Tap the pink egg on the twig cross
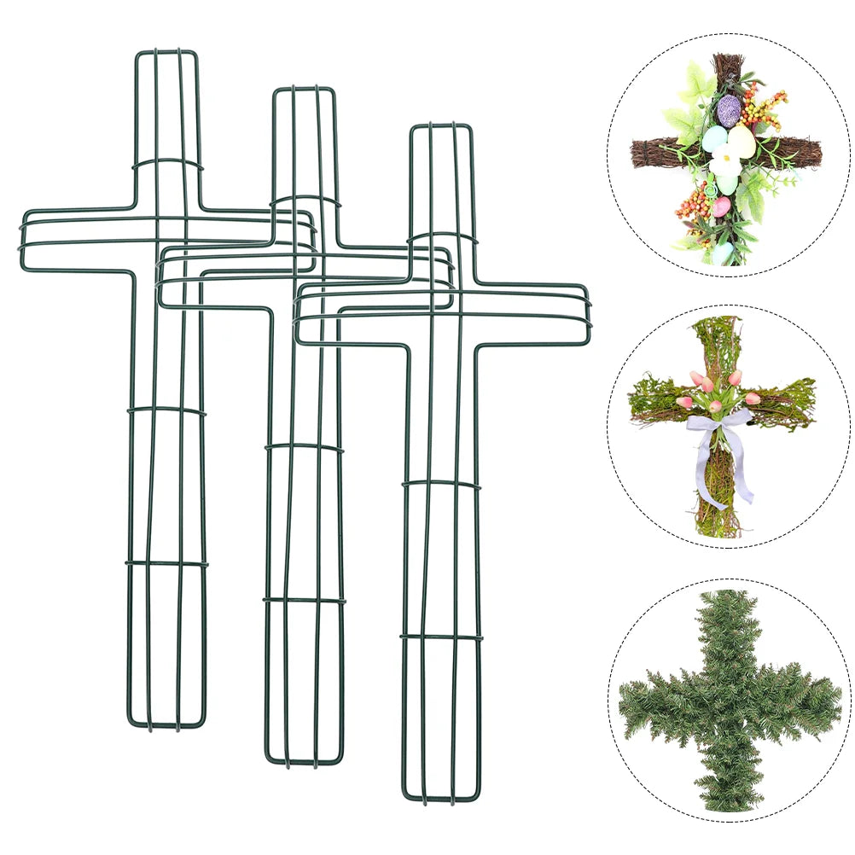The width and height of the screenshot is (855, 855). point(721,206)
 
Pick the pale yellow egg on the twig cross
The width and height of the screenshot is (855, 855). point(741,140)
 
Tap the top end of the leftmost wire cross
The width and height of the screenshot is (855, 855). point(167,53)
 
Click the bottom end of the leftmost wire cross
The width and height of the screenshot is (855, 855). point(167,726)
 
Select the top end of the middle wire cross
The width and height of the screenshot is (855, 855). point(304,90)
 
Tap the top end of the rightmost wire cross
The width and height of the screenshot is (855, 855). point(440,126)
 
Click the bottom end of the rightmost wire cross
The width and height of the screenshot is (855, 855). point(440,799)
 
